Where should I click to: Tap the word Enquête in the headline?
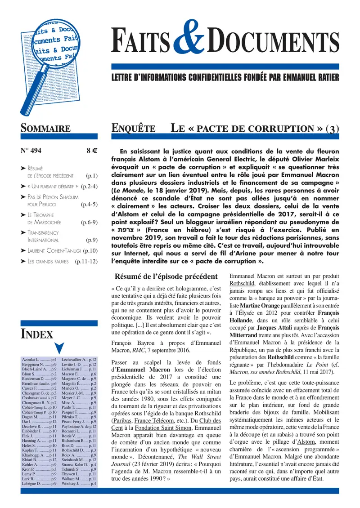tap(133, 128)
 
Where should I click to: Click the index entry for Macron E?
tap(79, 374)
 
